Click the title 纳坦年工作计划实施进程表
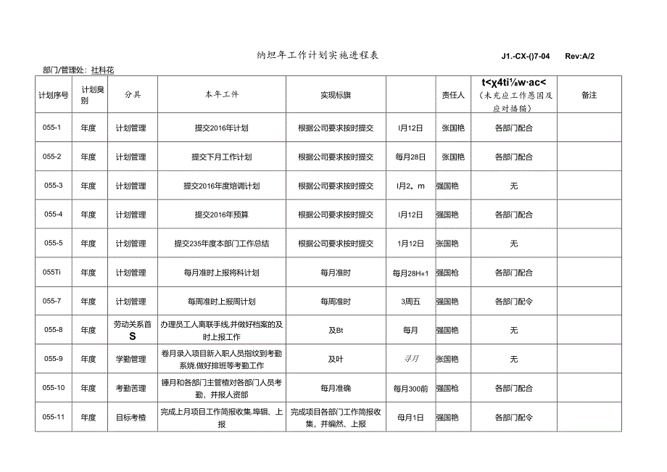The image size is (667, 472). pos(318,55)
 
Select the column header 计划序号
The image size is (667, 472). pos(54,95)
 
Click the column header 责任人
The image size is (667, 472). pos(452,95)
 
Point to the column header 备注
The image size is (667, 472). pos(589,95)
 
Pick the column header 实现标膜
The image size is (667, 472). pos(336,95)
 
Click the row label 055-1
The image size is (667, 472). pos(54,128)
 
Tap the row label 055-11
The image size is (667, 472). pos(54,418)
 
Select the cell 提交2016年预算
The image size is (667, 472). pos(221,215)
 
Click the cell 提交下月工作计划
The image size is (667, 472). pos(221,157)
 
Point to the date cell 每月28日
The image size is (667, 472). pos(410,157)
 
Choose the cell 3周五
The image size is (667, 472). pos(410,302)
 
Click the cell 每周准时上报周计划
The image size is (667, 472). pos(221,302)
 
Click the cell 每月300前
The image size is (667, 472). pos(410,389)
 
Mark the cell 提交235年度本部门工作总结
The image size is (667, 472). pos(221,244)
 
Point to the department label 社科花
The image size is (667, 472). pos(103,70)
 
